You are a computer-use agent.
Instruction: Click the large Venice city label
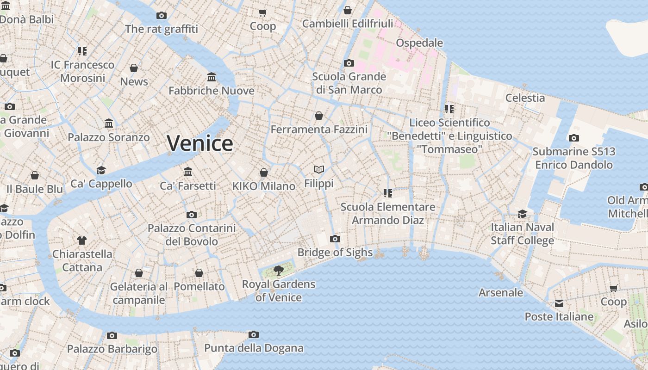tap(200, 143)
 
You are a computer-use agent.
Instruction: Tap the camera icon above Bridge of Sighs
tap(335, 239)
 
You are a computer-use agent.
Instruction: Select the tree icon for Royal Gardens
tap(278, 270)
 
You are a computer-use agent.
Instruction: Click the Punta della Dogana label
tap(254, 348)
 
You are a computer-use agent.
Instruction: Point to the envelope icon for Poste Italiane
tap(559, 303)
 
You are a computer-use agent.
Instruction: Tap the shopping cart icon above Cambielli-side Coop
tap(263, 13)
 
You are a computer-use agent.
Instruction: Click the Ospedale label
tap(419, 43)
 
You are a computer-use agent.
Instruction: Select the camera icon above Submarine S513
tap(574, 138)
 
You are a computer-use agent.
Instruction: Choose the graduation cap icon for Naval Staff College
tap(522, 214)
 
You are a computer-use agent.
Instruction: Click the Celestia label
tap(525, 98)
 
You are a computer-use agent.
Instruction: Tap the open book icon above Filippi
tap(318, 170)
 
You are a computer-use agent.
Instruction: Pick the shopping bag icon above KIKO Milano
tap(263, 173)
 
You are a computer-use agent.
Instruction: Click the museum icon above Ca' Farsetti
tap(188, 172)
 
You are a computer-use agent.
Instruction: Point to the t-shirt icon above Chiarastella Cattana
tap(82, 240)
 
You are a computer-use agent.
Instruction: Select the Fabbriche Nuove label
tap(211, 91)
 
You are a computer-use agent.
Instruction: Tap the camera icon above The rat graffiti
tap(161, 15)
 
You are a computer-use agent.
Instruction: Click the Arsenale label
tap(501, 292)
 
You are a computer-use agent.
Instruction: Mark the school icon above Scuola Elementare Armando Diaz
tap(388, 193)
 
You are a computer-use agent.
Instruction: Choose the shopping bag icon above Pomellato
tap(199, 273)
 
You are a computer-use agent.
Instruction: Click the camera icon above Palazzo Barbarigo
tap(112, 335)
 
